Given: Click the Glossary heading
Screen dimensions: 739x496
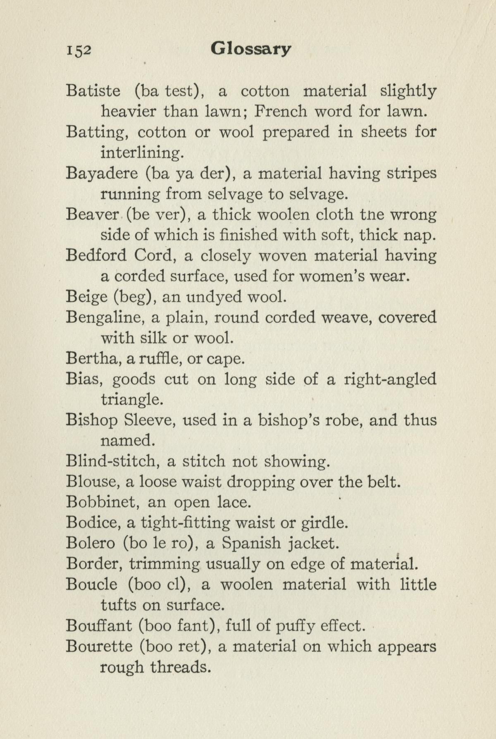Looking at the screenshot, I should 250,49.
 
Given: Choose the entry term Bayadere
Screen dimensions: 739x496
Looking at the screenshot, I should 102,173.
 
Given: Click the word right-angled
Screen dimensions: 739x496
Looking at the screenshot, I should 390,379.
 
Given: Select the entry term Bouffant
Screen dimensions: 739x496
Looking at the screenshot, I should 98,626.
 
